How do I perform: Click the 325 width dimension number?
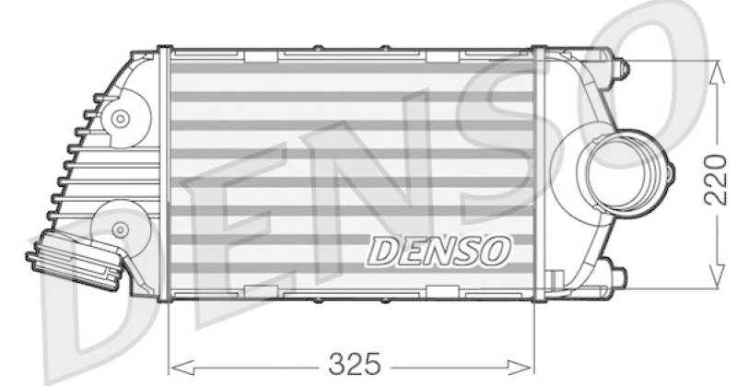coord(355,360)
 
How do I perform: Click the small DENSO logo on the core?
coord(440,249)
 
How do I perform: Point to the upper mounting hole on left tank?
coord(119,118)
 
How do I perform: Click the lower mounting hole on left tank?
coord(119,227)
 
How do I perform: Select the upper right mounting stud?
coord(620,67)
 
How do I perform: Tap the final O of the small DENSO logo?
coord(497,249)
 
